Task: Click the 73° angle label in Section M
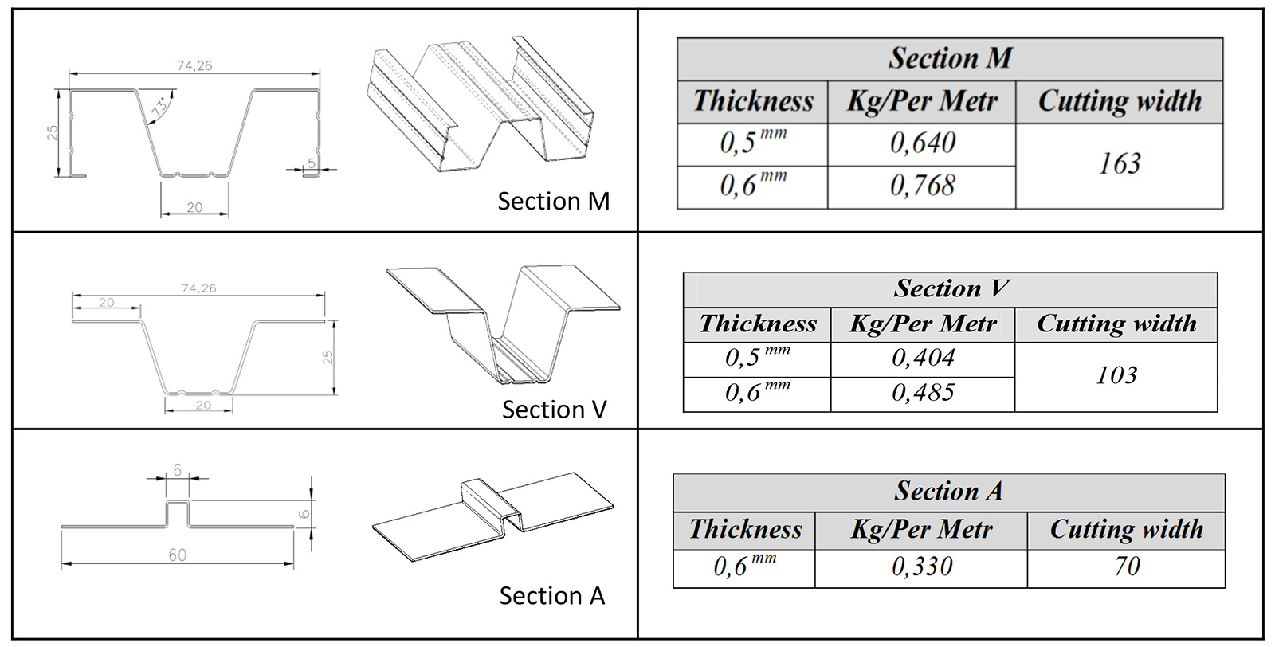tap(162, 106)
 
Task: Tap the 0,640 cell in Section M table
tap(922, 143)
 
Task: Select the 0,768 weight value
tap(922, 186)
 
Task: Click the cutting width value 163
tap(1120, 164)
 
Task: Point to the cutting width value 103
tap(1116, 375)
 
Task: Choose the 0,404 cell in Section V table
tap(923, 358)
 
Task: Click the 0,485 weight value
tap(923, 393)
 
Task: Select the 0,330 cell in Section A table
tap(922, 567)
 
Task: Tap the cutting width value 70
tap(1127, 567)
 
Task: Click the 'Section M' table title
tap(950, 58)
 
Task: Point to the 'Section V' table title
tap(951, 288)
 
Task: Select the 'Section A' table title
tap(948, 492)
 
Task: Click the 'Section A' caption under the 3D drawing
tap(551, 596)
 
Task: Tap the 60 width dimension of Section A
tap(177, 555)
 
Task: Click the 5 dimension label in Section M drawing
tap(312, 163)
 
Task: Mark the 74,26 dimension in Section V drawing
tap(198, 288)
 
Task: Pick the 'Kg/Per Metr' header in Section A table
tap(921, 530)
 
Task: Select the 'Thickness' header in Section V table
tap(757, 324)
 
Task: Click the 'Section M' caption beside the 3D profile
tap(553, 202)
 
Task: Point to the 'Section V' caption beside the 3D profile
tap(554, 410)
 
